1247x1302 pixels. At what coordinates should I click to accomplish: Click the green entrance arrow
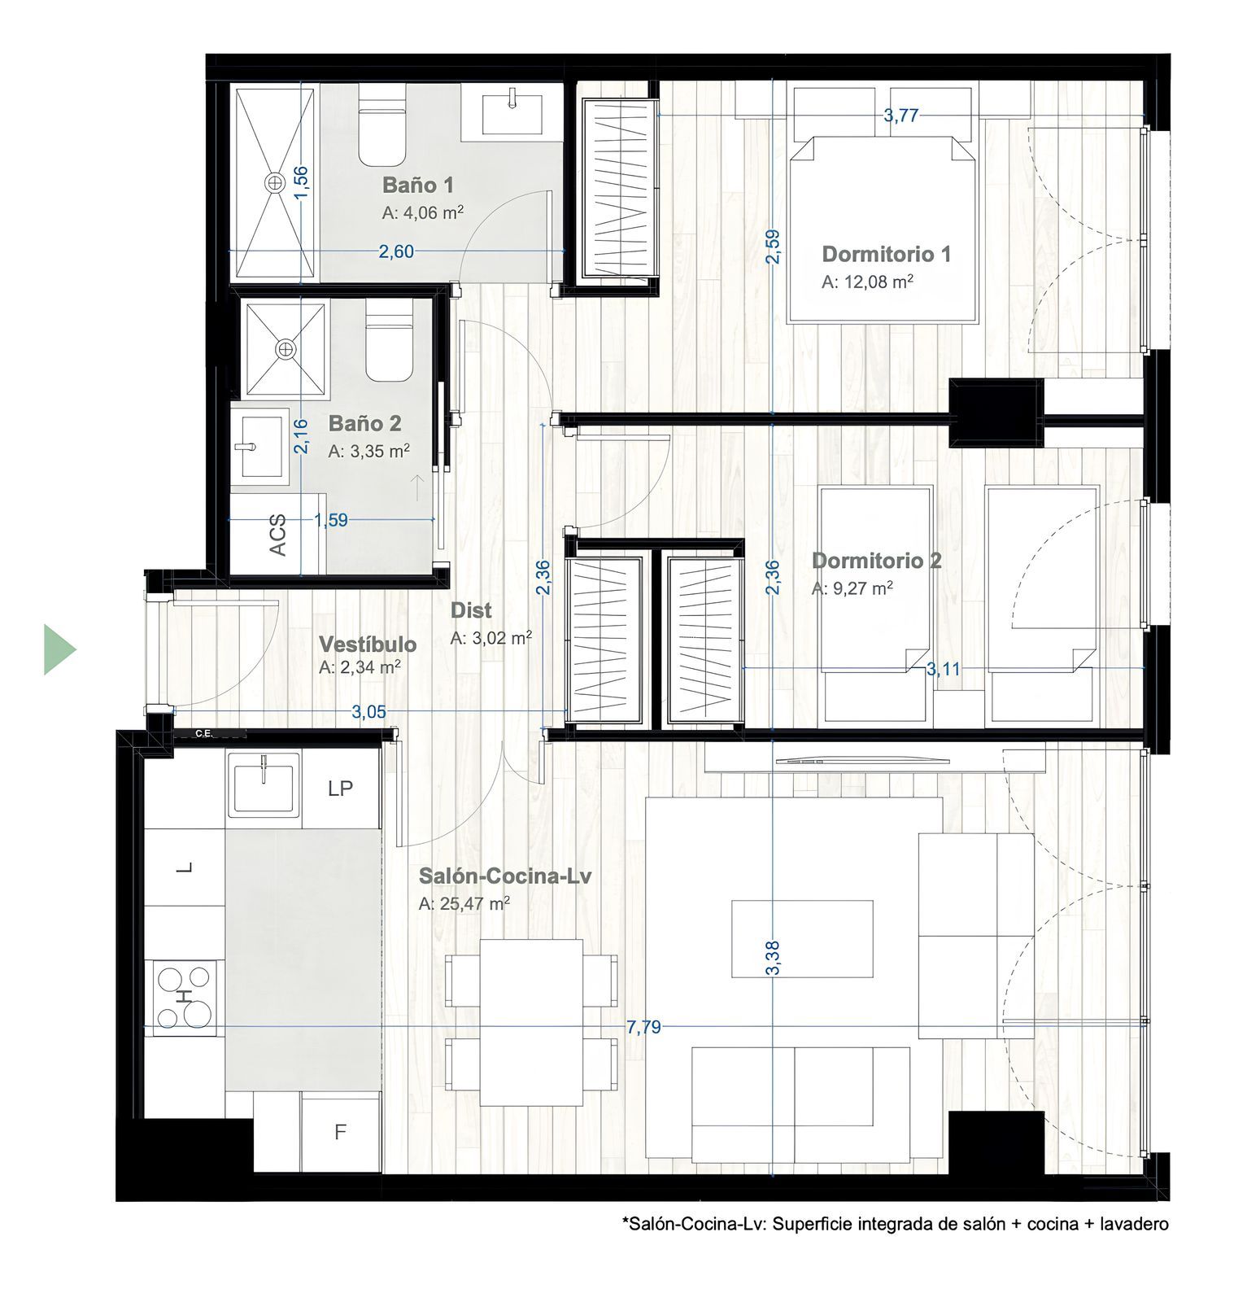point(59,649)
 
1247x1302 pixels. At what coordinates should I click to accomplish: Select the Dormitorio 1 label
point(886,254)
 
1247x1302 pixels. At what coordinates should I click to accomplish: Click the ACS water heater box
point(278,535)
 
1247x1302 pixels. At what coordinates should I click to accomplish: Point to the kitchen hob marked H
point(185,998)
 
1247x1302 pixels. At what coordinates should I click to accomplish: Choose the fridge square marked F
point(341,1132)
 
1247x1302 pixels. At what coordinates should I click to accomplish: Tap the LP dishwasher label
point(340,789)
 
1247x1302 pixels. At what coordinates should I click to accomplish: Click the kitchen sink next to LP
point(264,784)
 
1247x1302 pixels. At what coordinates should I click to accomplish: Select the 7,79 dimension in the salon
point(643,1027)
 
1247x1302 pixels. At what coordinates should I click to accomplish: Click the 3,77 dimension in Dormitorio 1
point(901,116)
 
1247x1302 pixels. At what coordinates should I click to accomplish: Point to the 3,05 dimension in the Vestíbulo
point(368,712)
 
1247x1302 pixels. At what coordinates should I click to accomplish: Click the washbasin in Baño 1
point(512,113)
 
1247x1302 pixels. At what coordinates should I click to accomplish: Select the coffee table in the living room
point(802,938)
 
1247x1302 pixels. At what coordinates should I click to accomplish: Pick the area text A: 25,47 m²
point(464,903)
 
